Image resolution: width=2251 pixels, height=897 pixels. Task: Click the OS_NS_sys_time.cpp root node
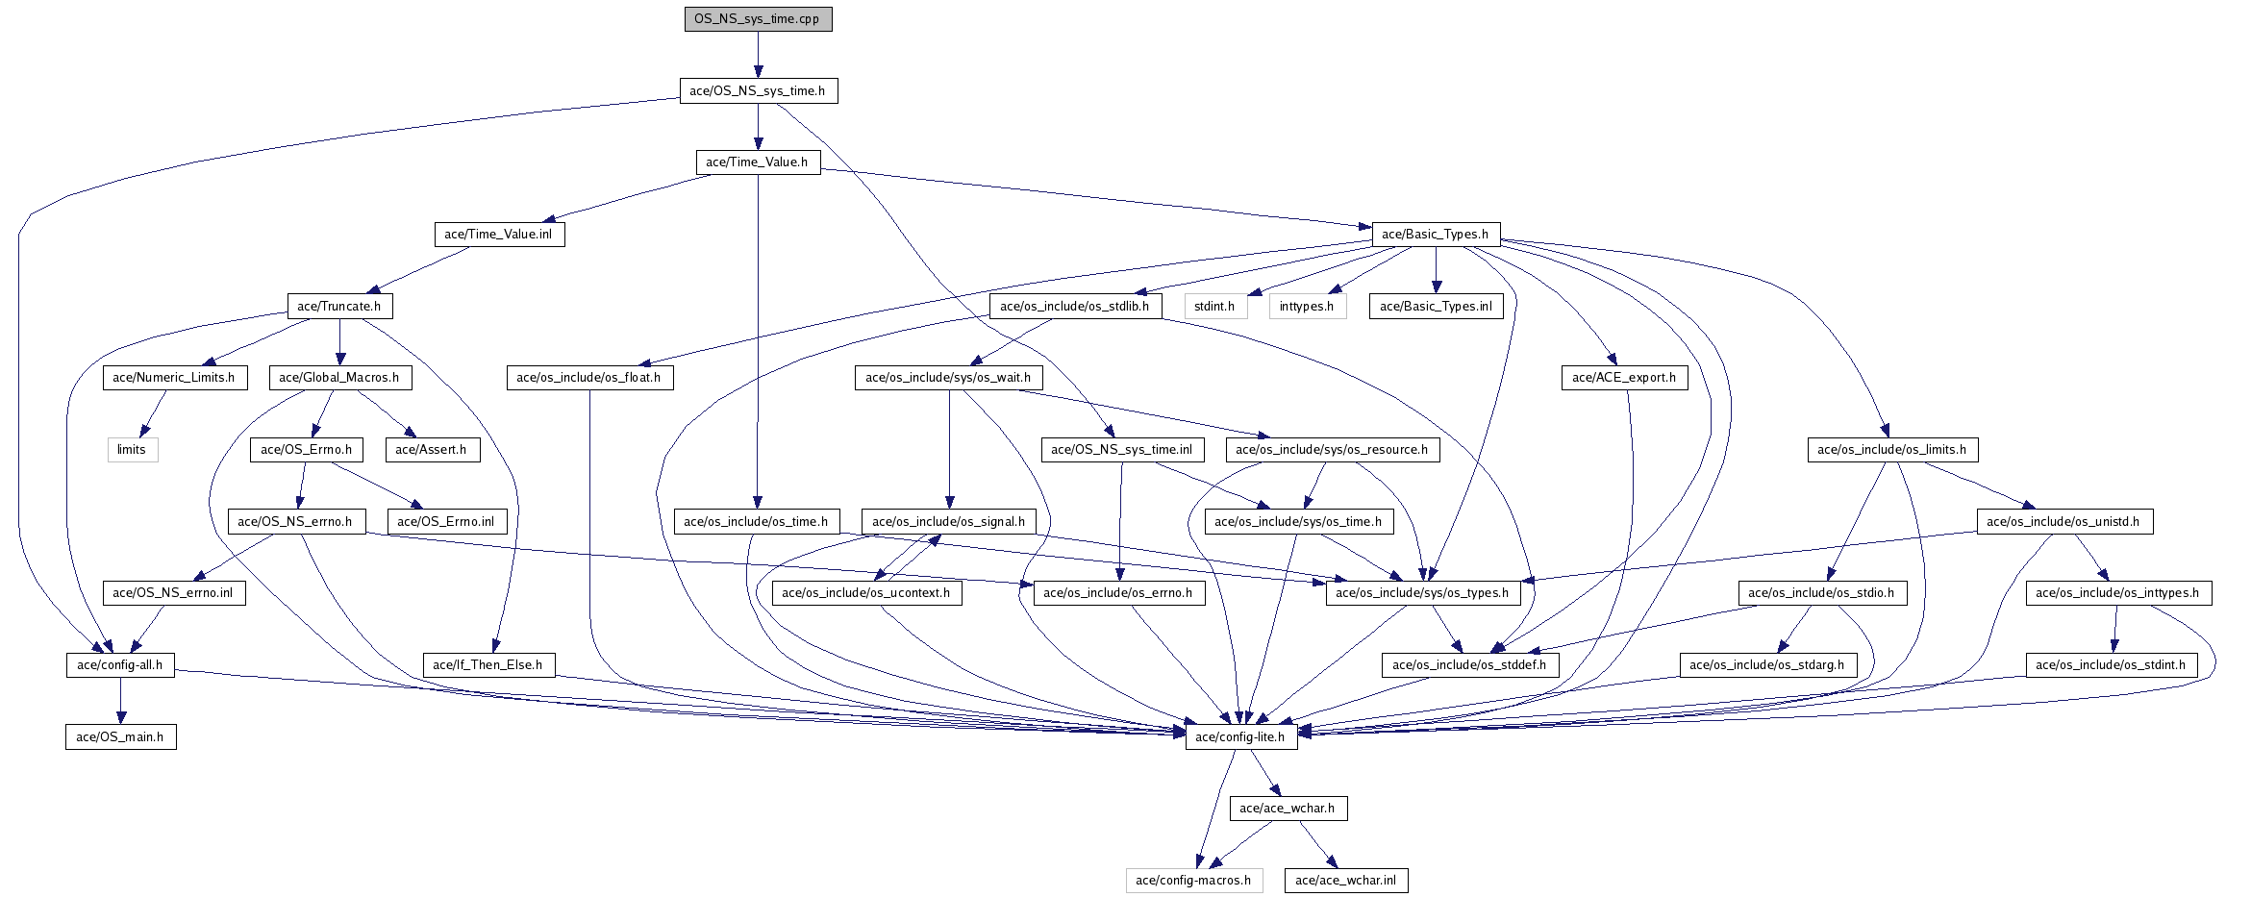[757, 19]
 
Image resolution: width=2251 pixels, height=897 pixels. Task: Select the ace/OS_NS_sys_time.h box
[758, 91]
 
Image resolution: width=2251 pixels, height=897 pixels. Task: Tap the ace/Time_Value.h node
[758, 162]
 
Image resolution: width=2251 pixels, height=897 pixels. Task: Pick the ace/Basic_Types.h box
[1435, 235]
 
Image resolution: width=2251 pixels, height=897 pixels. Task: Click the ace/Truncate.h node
[339, 307]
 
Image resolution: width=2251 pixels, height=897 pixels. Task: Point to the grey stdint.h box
[1214, 307]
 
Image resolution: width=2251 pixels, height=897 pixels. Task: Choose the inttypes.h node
[1307, 307]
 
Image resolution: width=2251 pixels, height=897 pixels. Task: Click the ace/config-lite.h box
[1240, 737]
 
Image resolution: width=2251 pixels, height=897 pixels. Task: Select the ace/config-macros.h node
[1193, 881]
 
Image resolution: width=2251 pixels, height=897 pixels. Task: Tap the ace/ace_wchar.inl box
[1345, 881]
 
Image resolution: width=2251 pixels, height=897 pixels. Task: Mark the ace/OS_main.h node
[120, 737]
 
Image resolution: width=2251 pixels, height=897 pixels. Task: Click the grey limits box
[132, 450]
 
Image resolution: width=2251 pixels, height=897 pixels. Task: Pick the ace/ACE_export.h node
[1624, 378]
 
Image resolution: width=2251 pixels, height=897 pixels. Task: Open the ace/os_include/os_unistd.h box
[2063, 522]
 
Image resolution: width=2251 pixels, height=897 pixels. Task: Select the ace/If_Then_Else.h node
[488, 665]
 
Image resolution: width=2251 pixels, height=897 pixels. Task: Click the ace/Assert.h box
[431, 450]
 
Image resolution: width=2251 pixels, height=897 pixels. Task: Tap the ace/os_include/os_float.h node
[588, 378]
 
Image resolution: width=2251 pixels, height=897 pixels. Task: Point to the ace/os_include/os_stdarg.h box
[1767, 665]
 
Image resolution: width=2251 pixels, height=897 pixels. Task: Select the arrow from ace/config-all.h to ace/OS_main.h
[120, 701]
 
